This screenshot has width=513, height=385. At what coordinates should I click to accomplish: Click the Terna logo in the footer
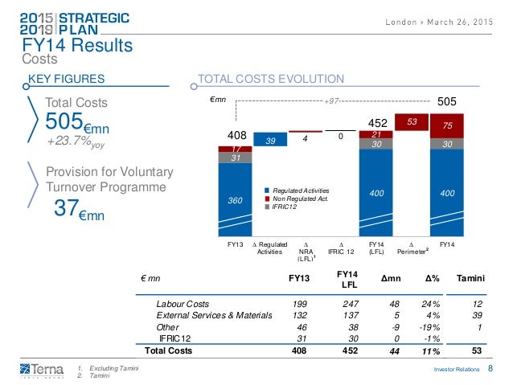31,369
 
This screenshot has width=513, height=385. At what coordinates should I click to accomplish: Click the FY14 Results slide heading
77,46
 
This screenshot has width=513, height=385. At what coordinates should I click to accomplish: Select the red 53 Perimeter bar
412,120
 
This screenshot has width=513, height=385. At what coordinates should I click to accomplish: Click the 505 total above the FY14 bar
446,103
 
